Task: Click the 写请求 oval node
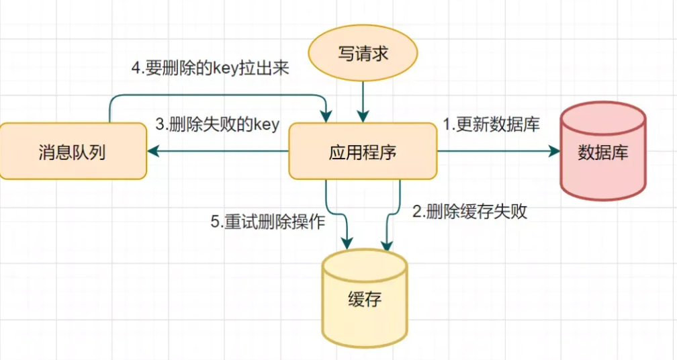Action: coord(363,54)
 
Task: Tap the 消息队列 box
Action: coord(73,152)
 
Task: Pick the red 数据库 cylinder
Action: coord(602,152)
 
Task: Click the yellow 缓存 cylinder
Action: coord(364,298)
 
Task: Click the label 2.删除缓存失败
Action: coord(469,212)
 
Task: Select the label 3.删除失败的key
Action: coord(217,124)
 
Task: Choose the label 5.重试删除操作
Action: coord(268,222)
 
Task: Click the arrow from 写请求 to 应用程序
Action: coord(363,101)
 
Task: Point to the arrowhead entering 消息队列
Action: coord(154,152)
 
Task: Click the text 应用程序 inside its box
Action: coord(363,152)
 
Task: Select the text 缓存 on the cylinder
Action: coord(365,299)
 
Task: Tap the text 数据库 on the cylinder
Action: coord(602,152)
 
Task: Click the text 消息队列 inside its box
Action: coord(73,152)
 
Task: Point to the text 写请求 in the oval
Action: coord(363,54)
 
